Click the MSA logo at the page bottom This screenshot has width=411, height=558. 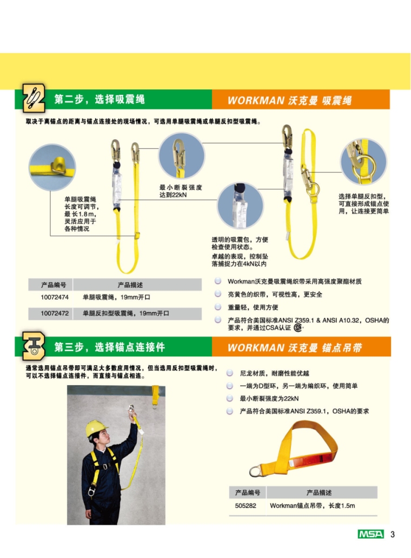tap(370, 534)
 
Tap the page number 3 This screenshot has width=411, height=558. tap(392, 534)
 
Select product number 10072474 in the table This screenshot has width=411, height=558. tap(55, 297)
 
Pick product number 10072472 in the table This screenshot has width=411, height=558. tap(55, 313)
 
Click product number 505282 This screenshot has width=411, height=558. tap(246, 505)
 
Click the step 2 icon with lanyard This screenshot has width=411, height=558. tap(34, 98)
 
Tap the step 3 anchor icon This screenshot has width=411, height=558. tap(34, 346)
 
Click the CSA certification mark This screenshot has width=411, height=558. tap(297, 328)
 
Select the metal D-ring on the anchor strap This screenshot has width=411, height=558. tap(255, 471)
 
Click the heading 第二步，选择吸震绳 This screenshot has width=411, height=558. tap(100, 99)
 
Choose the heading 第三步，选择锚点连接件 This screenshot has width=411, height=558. tap(109, 347)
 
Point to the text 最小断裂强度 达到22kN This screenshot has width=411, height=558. tap(181, 191)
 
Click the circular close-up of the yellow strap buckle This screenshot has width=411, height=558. tap(52, 167)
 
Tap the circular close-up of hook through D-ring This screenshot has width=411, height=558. tap(363, 161)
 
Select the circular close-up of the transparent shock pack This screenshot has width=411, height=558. tap(240, 206)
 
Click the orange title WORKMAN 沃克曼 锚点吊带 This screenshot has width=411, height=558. tap(295, 348)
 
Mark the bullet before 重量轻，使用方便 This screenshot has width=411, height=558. tap(218, 307)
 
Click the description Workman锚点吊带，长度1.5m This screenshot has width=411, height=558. tap(312, 505)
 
